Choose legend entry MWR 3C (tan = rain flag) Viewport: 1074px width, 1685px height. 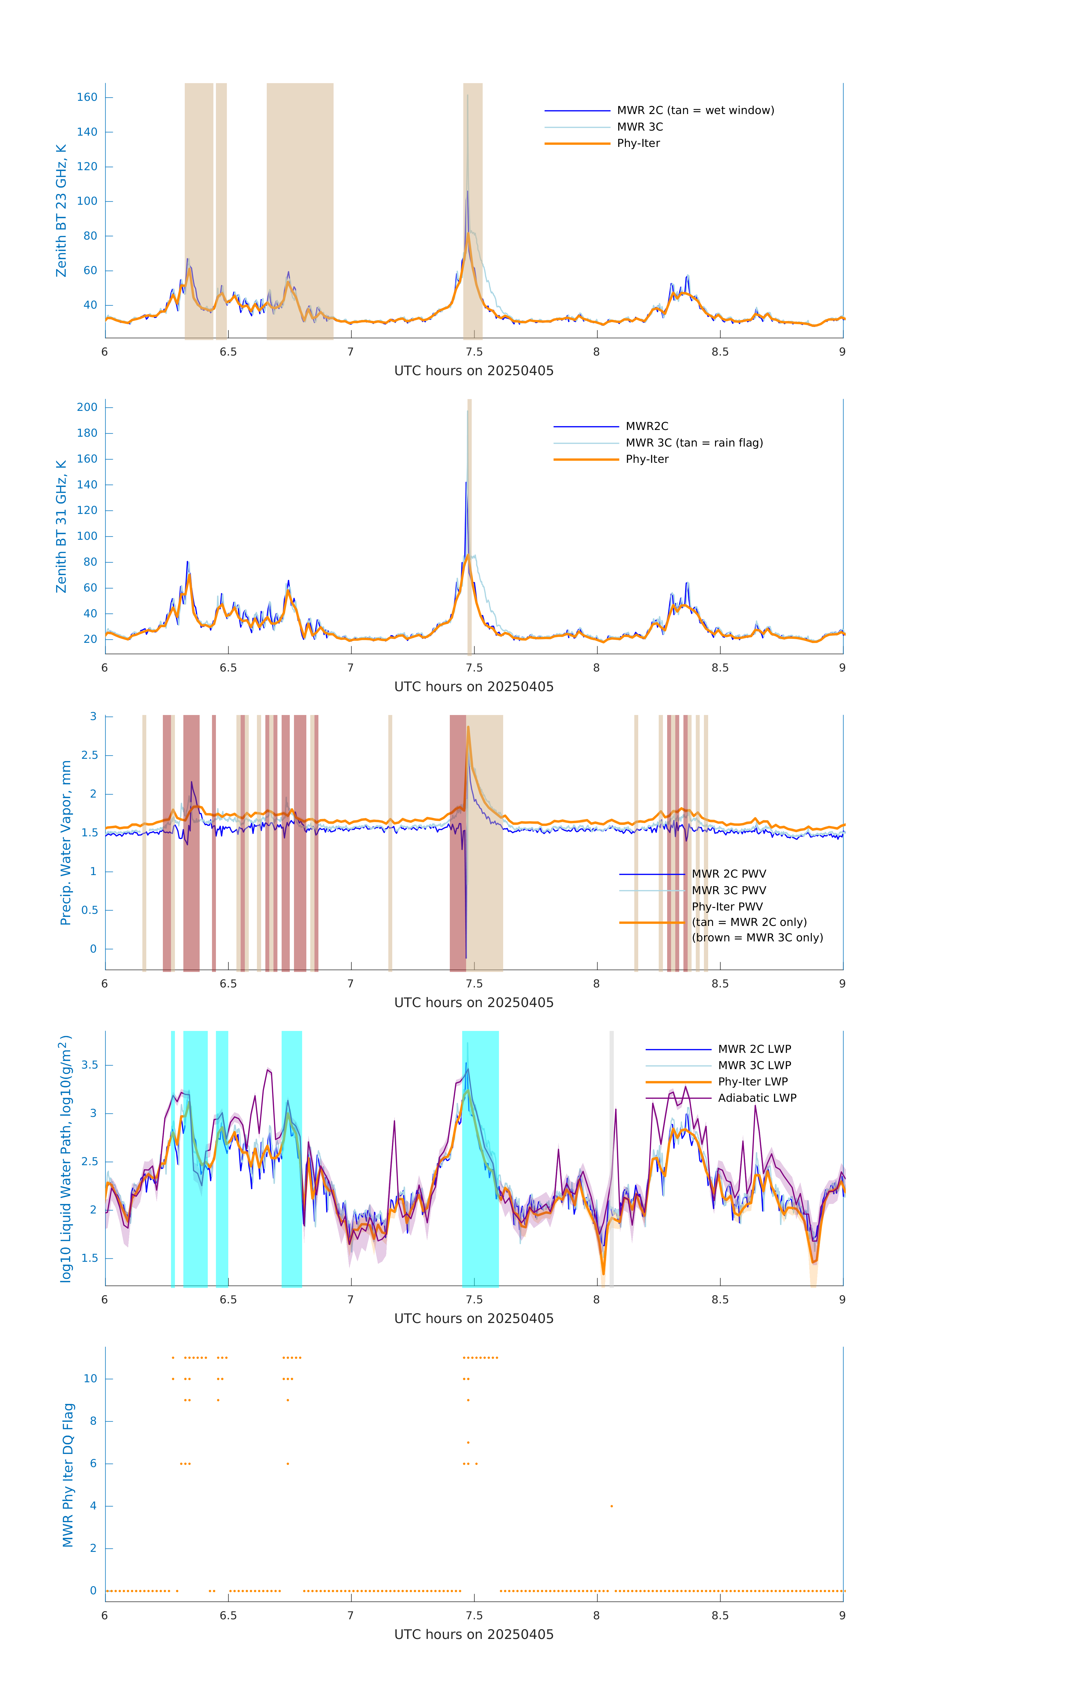click(x=694, y=443)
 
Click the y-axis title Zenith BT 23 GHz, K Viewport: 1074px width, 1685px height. click(x=61, y=211)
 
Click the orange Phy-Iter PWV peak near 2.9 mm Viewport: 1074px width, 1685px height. click(x=468, y=728)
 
